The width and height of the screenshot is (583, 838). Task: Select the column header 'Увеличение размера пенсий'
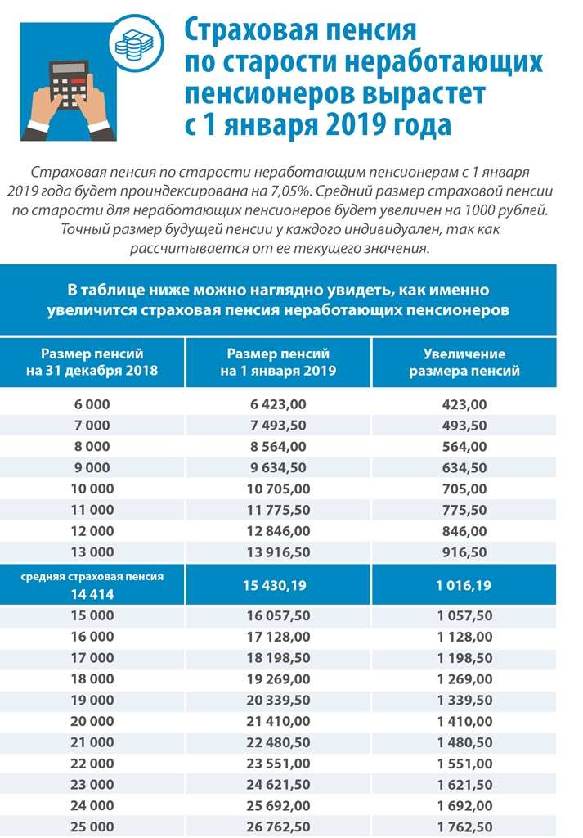click(x=464, y=363)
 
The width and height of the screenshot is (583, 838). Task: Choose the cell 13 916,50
click(x=278, y=552)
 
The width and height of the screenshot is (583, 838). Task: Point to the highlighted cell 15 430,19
click(x=278, y=585)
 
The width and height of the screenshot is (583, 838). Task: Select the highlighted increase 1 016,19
click(x=464, y=585)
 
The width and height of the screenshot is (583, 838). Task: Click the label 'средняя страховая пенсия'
click(x=92, y=576)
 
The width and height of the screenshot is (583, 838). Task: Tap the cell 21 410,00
click(x=278, y=720)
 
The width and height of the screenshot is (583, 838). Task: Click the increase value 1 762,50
click(x=464, y=826)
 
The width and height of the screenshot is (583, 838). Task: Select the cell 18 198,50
click(x=278, y=657)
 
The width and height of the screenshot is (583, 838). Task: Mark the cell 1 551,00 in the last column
click(x=464, y=763)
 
